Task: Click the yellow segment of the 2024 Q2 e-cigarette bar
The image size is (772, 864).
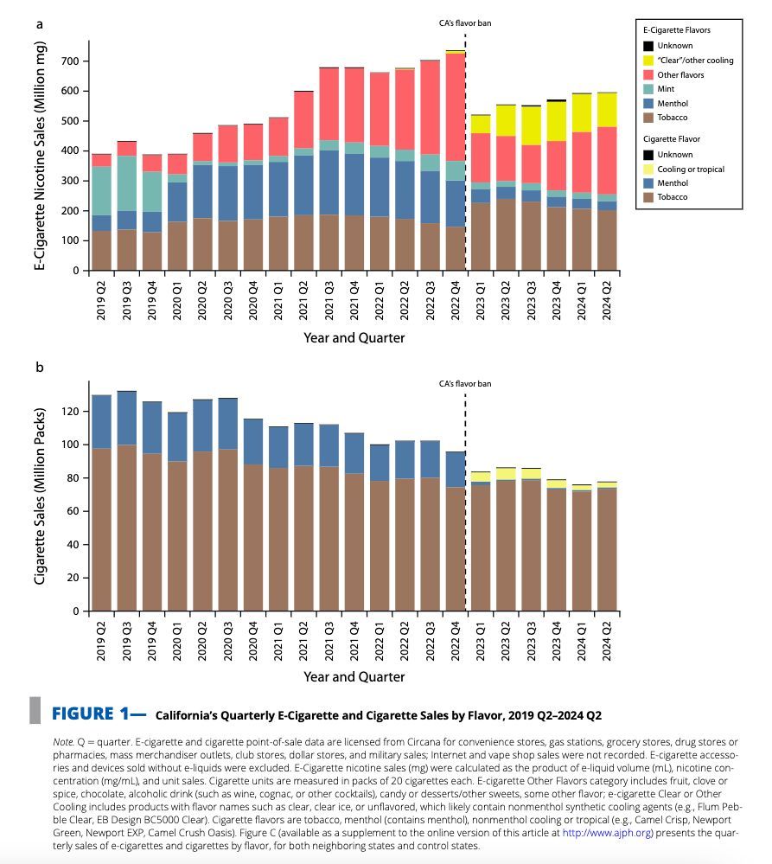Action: (608, 109)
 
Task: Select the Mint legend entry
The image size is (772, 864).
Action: (667, 89)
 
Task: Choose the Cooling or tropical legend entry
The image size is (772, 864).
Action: (691, 169)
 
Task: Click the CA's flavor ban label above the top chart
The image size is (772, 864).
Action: (465, 22)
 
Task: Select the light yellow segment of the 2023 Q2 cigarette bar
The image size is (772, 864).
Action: (506, 474)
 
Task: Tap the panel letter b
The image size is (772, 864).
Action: (39, 368)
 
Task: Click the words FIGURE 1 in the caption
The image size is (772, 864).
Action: (95, 714)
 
